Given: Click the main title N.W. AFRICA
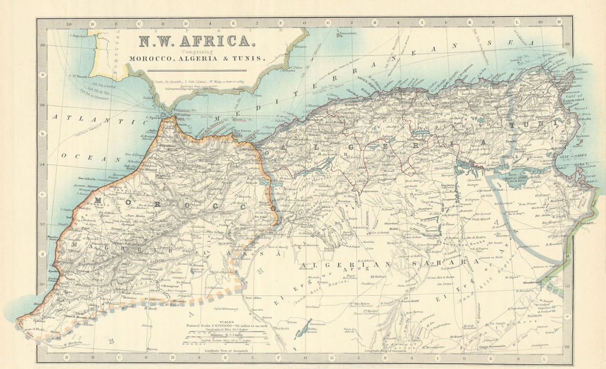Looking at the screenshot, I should (x=196, y=41).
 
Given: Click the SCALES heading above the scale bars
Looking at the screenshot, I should (x=225, y=322).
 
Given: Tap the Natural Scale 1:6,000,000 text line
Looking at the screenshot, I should (x=225, y=326).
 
